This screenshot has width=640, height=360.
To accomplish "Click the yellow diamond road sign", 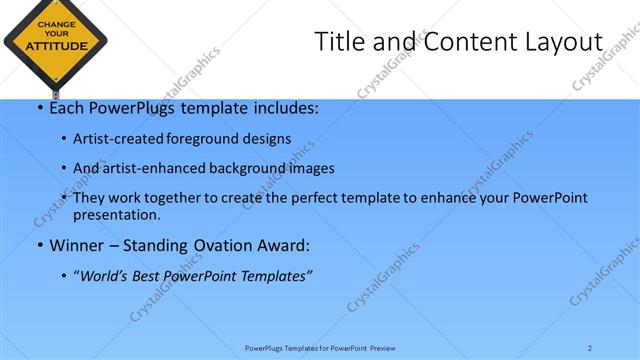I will click(54, 42).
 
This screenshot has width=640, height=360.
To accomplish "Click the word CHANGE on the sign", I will click(54, 23).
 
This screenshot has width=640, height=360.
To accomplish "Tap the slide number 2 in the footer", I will click(589, 348).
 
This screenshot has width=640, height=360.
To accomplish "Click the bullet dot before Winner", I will click(40, 246).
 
